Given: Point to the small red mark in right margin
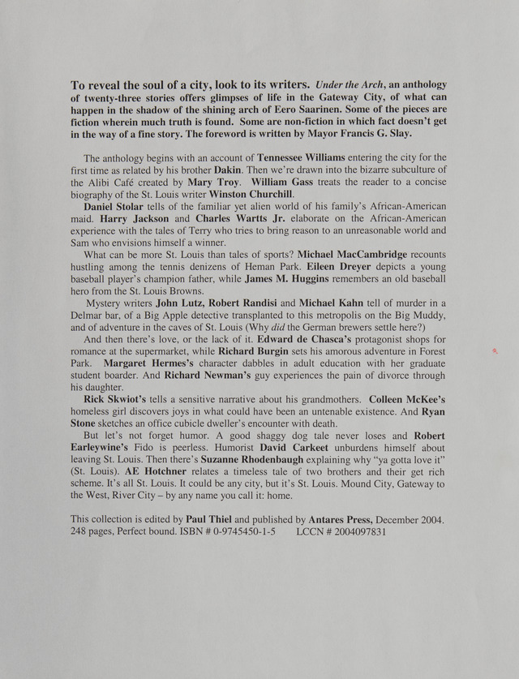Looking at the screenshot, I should [495, 351].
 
